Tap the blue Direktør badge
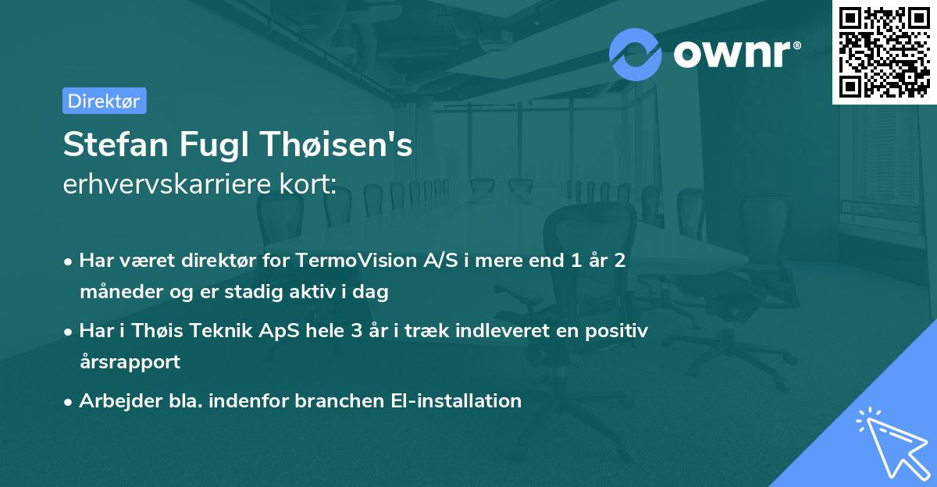(x=104, y=101)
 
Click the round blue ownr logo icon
(x=636, y=54)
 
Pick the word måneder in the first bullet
(x=117, y=293)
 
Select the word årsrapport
(x=130, y=362)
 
